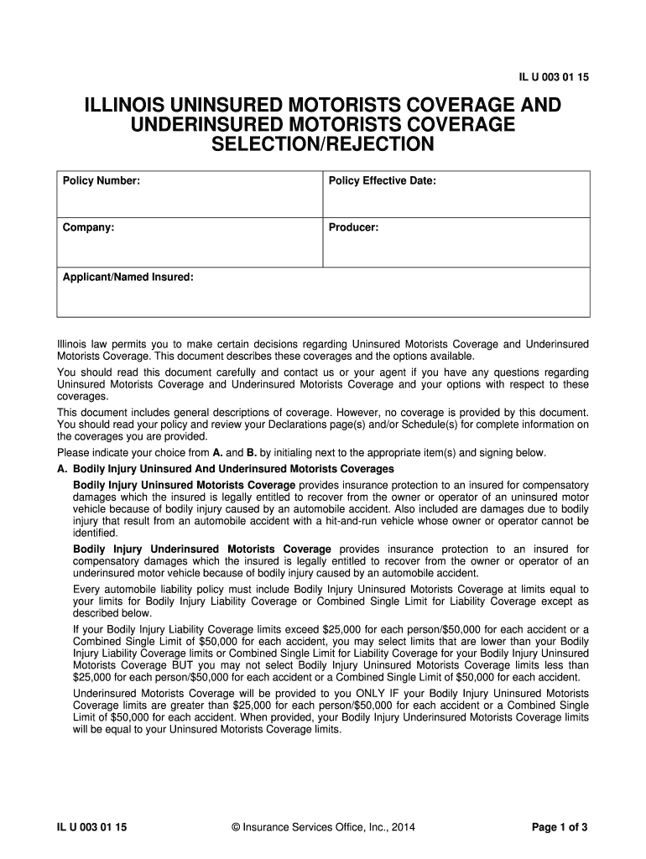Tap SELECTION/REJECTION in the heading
click(x=323, y=145)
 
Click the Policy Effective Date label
click(x=382, y=181)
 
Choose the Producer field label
click(x=353, y=227)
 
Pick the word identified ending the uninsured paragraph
click(x=96, y=533)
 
